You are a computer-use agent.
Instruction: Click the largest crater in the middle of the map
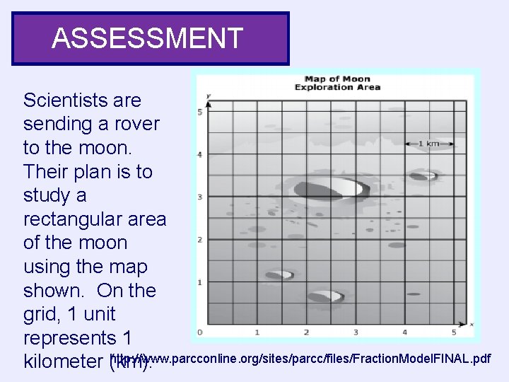click(332, 190)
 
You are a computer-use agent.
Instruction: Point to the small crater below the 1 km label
click(423, 175)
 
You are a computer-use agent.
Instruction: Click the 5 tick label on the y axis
click(200, 112)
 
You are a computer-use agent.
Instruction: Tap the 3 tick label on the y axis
click(200, 197)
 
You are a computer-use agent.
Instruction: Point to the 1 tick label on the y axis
click(200, 282)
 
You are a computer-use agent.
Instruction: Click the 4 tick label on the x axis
click(404, 332)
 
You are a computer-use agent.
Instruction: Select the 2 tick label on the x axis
click(306, 332)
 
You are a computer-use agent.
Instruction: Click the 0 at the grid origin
click(200, 332)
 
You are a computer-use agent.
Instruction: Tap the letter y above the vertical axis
click(209, 95)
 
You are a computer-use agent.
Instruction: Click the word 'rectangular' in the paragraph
click(95, 219)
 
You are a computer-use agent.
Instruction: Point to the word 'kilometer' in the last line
click(64, 362)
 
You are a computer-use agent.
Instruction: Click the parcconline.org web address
click(301, 359)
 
